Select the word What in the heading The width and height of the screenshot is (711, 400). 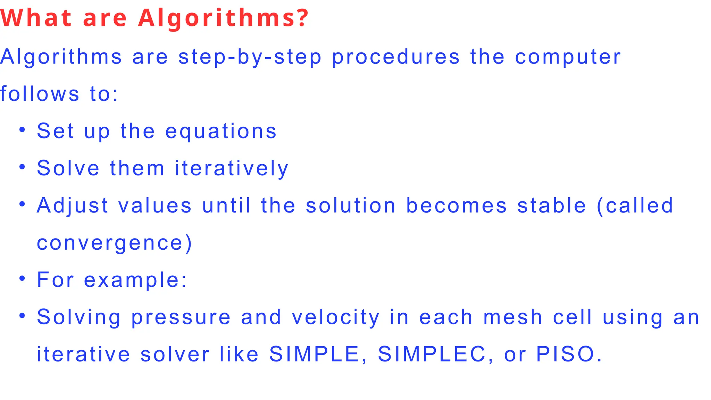point(36,18)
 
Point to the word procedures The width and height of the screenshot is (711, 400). point(396,57)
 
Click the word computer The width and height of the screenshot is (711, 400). point(568,57)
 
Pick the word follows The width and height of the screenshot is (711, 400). point(40,94)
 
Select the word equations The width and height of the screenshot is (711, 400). point(221,131)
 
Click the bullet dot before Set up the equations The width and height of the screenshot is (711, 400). point(22,130)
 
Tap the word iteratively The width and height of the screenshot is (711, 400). point(232,168)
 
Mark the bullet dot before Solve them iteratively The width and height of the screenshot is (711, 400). point(22,167)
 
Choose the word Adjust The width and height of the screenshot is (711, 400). point(73,205)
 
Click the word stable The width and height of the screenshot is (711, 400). point(552,205)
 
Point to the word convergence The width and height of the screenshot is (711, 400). point(110,243)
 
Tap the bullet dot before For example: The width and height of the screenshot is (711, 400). point(22,278)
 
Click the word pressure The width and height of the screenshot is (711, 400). point(181,317)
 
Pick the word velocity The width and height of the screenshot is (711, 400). point(336,317)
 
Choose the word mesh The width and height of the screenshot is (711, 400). point(513,317)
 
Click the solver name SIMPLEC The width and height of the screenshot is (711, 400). point(432,354)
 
